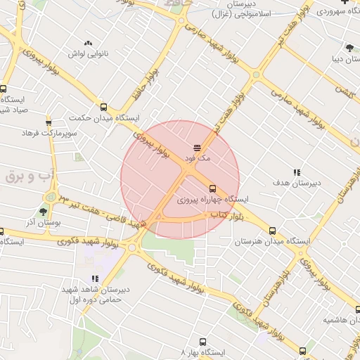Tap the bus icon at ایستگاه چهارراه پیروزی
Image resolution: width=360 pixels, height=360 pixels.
[212, 188]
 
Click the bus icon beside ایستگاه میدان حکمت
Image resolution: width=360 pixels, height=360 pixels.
[104, 107]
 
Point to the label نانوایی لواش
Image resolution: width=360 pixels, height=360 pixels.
[86, 53]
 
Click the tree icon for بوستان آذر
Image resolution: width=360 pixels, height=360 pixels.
[44, 211]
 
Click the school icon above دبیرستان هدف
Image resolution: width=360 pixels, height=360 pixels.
[296, 172]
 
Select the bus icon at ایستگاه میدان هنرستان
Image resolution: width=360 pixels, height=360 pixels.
[272, 230]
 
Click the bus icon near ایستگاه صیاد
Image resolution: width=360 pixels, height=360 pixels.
[4, 89]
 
